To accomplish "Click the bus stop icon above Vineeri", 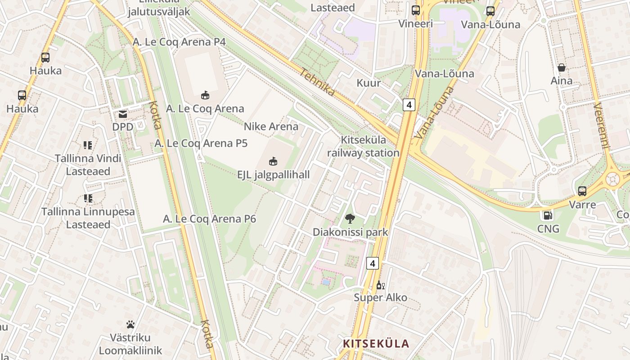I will (x=416, y=10).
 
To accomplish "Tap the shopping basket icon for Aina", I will (x=562, y=68).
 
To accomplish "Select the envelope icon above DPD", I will (x=123, y=114).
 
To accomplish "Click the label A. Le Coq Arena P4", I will (x=179, y=42).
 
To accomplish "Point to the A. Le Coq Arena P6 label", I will (x=209, y=219).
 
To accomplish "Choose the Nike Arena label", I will (x=271, y=126).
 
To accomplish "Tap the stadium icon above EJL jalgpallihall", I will (x=273, y=161).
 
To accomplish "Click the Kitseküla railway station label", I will (x=363, y=146).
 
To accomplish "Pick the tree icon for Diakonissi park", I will (x=350, y=219).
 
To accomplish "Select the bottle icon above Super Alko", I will (x=380, y=285).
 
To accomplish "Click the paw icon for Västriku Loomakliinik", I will (x=130, y=324).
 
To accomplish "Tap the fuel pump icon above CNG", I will (x=548, y=216).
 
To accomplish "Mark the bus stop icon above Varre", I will (x=582, y=191).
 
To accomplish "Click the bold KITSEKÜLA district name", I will (x=376, y=344).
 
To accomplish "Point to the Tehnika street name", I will (x=318, y=82).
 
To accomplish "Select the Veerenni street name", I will (x=601, y=126).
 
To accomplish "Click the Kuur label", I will (x=369, y=83).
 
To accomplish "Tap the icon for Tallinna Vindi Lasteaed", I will (x=88, y=145).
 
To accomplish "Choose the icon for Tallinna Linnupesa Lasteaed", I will (x=88, y=198).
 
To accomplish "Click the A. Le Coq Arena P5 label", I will (x=201, y=144).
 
